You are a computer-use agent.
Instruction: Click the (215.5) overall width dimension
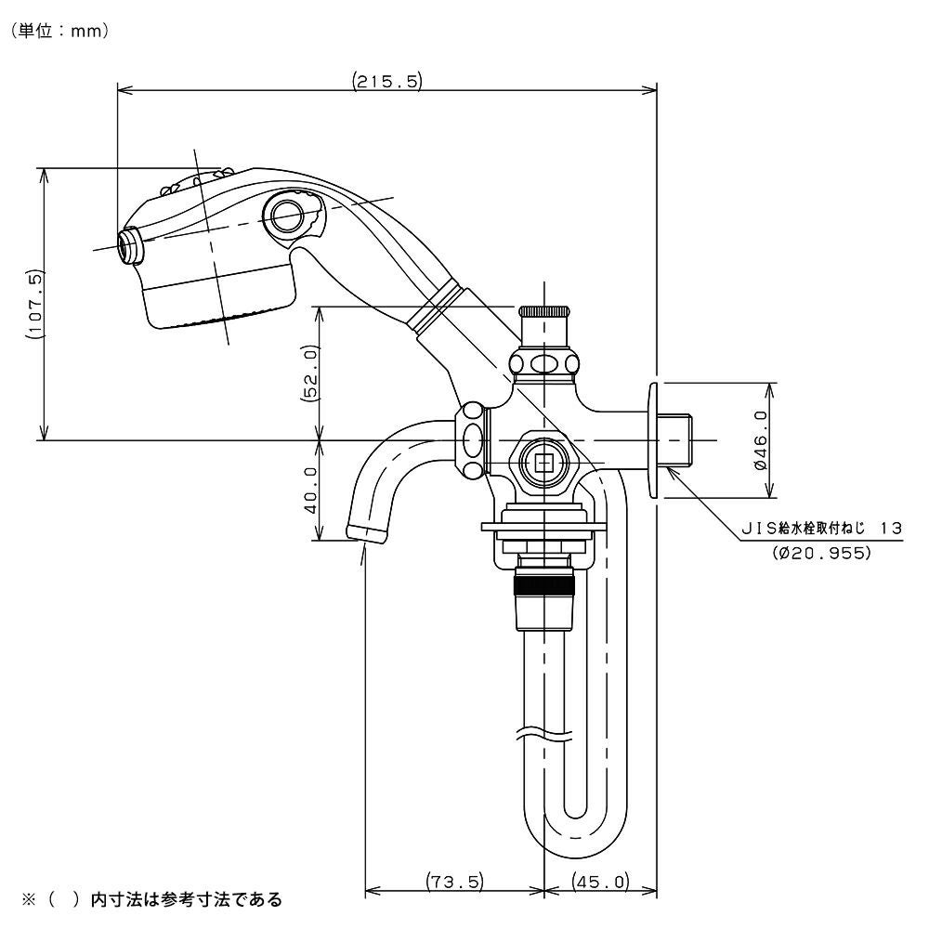(x=387, y=81)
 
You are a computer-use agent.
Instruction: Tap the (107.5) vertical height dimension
(x=34, y=303)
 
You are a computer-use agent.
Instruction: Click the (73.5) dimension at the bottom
(x=453, y=881)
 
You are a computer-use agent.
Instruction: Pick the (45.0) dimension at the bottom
(x=600, y=881)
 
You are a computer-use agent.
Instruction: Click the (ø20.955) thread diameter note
(x=820, y=553)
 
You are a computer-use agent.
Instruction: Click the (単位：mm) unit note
(x=61, y=31)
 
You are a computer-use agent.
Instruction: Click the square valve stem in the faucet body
(x=543, y=459)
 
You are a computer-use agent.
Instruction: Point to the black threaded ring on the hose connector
(x=544, y=585)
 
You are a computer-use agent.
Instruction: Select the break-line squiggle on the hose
(x=544, y=733)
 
